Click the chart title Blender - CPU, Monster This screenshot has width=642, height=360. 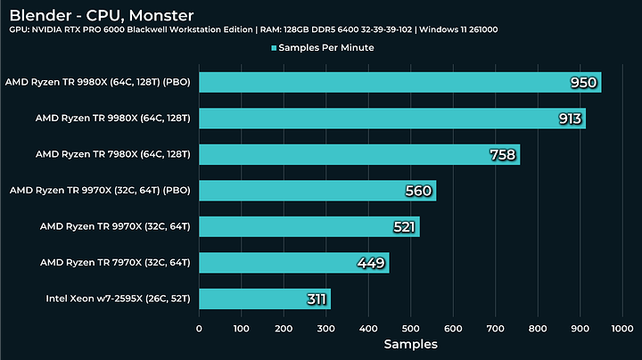click(101, 15)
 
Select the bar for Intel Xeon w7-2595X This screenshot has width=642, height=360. click(264, 299)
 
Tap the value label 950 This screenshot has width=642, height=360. click(584, 83)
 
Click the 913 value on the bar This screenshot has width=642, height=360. click(570, 119)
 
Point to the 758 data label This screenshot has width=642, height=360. click(504, 155)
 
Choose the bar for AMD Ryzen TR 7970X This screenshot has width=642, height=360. click(293, 263)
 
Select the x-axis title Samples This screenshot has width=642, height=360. click(410, 344)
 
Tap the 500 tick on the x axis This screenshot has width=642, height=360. click(410, 327)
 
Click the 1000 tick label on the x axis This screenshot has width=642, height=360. click(621, 327)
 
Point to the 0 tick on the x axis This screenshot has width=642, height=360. click(199, 327)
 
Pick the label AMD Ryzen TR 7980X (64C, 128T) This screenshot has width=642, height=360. click(112, 154)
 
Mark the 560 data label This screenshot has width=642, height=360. click(419, 191)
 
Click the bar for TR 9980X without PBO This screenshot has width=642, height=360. click(391, 119)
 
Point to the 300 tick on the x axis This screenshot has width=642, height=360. click(325, 327)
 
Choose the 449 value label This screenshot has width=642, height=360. click(371, 263)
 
